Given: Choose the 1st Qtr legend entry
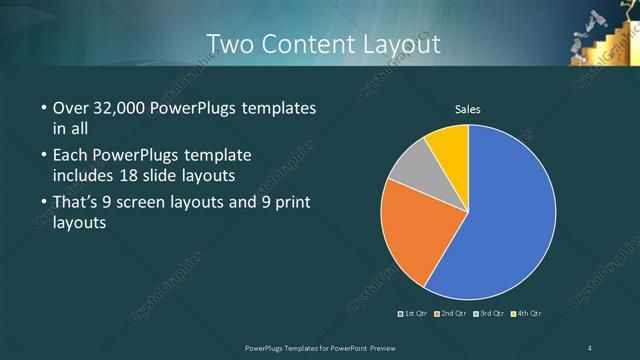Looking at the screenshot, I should [414, 314].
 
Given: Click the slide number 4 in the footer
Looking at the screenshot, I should [590, 347].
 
